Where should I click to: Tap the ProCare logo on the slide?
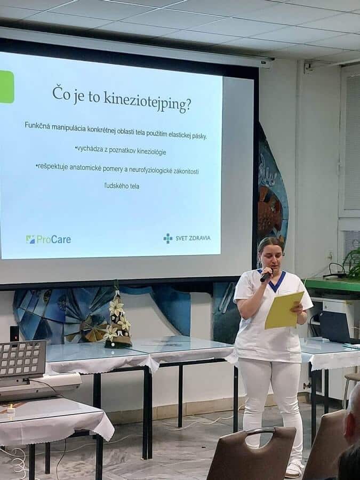pyautogui.click(x=49, y=239)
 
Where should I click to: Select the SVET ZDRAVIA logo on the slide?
pyautogui.click(x=187, y=238)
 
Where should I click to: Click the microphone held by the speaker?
pyautogui.click(x=266, y=275)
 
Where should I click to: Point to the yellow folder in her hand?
pyautogui.click(x=284, y=310)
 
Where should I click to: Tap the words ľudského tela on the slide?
pyautogui.click(x=122, y=186)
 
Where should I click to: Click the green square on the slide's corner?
pyautogui.click(x=7, y=87)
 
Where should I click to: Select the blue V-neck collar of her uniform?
pyautogui.click(x=275, y=280)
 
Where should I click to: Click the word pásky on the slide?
pyautogui.click(x=199, y=136)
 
